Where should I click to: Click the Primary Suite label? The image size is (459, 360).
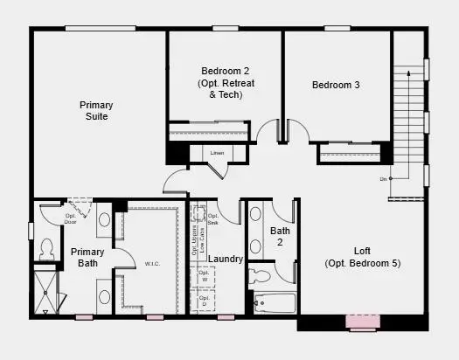pos(97,111)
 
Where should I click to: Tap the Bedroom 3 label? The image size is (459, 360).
pos(336,85)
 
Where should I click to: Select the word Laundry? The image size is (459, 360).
pos(226,259)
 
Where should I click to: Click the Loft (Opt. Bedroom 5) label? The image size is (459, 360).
pos(362,257)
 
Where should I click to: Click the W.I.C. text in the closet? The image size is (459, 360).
pos(151,263)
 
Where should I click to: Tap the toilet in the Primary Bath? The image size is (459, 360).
pos(47,248)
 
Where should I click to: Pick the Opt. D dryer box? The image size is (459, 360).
pos(204,301)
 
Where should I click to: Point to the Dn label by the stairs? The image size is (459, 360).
pos(382,179)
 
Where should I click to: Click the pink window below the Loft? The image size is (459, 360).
pos(361,322)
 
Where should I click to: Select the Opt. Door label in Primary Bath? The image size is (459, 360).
pos(71,218)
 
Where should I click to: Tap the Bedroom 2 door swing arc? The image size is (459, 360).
pos(269,131)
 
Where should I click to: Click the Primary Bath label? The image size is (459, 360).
pos(87,257)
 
